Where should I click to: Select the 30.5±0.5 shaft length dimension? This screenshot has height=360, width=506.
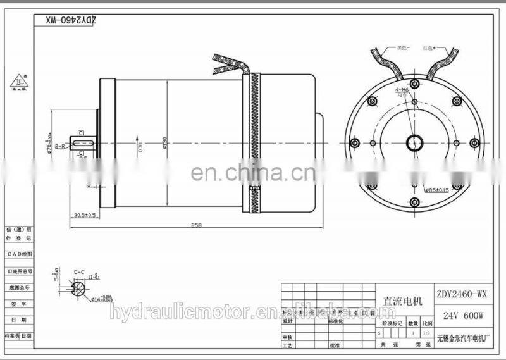click(84, 214)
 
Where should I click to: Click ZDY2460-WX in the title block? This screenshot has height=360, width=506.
click(462, 293)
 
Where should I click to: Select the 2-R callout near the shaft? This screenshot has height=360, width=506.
click(61, 146)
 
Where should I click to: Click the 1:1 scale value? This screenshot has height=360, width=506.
click(427, 331)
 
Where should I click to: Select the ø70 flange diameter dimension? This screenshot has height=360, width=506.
click(50, 147)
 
